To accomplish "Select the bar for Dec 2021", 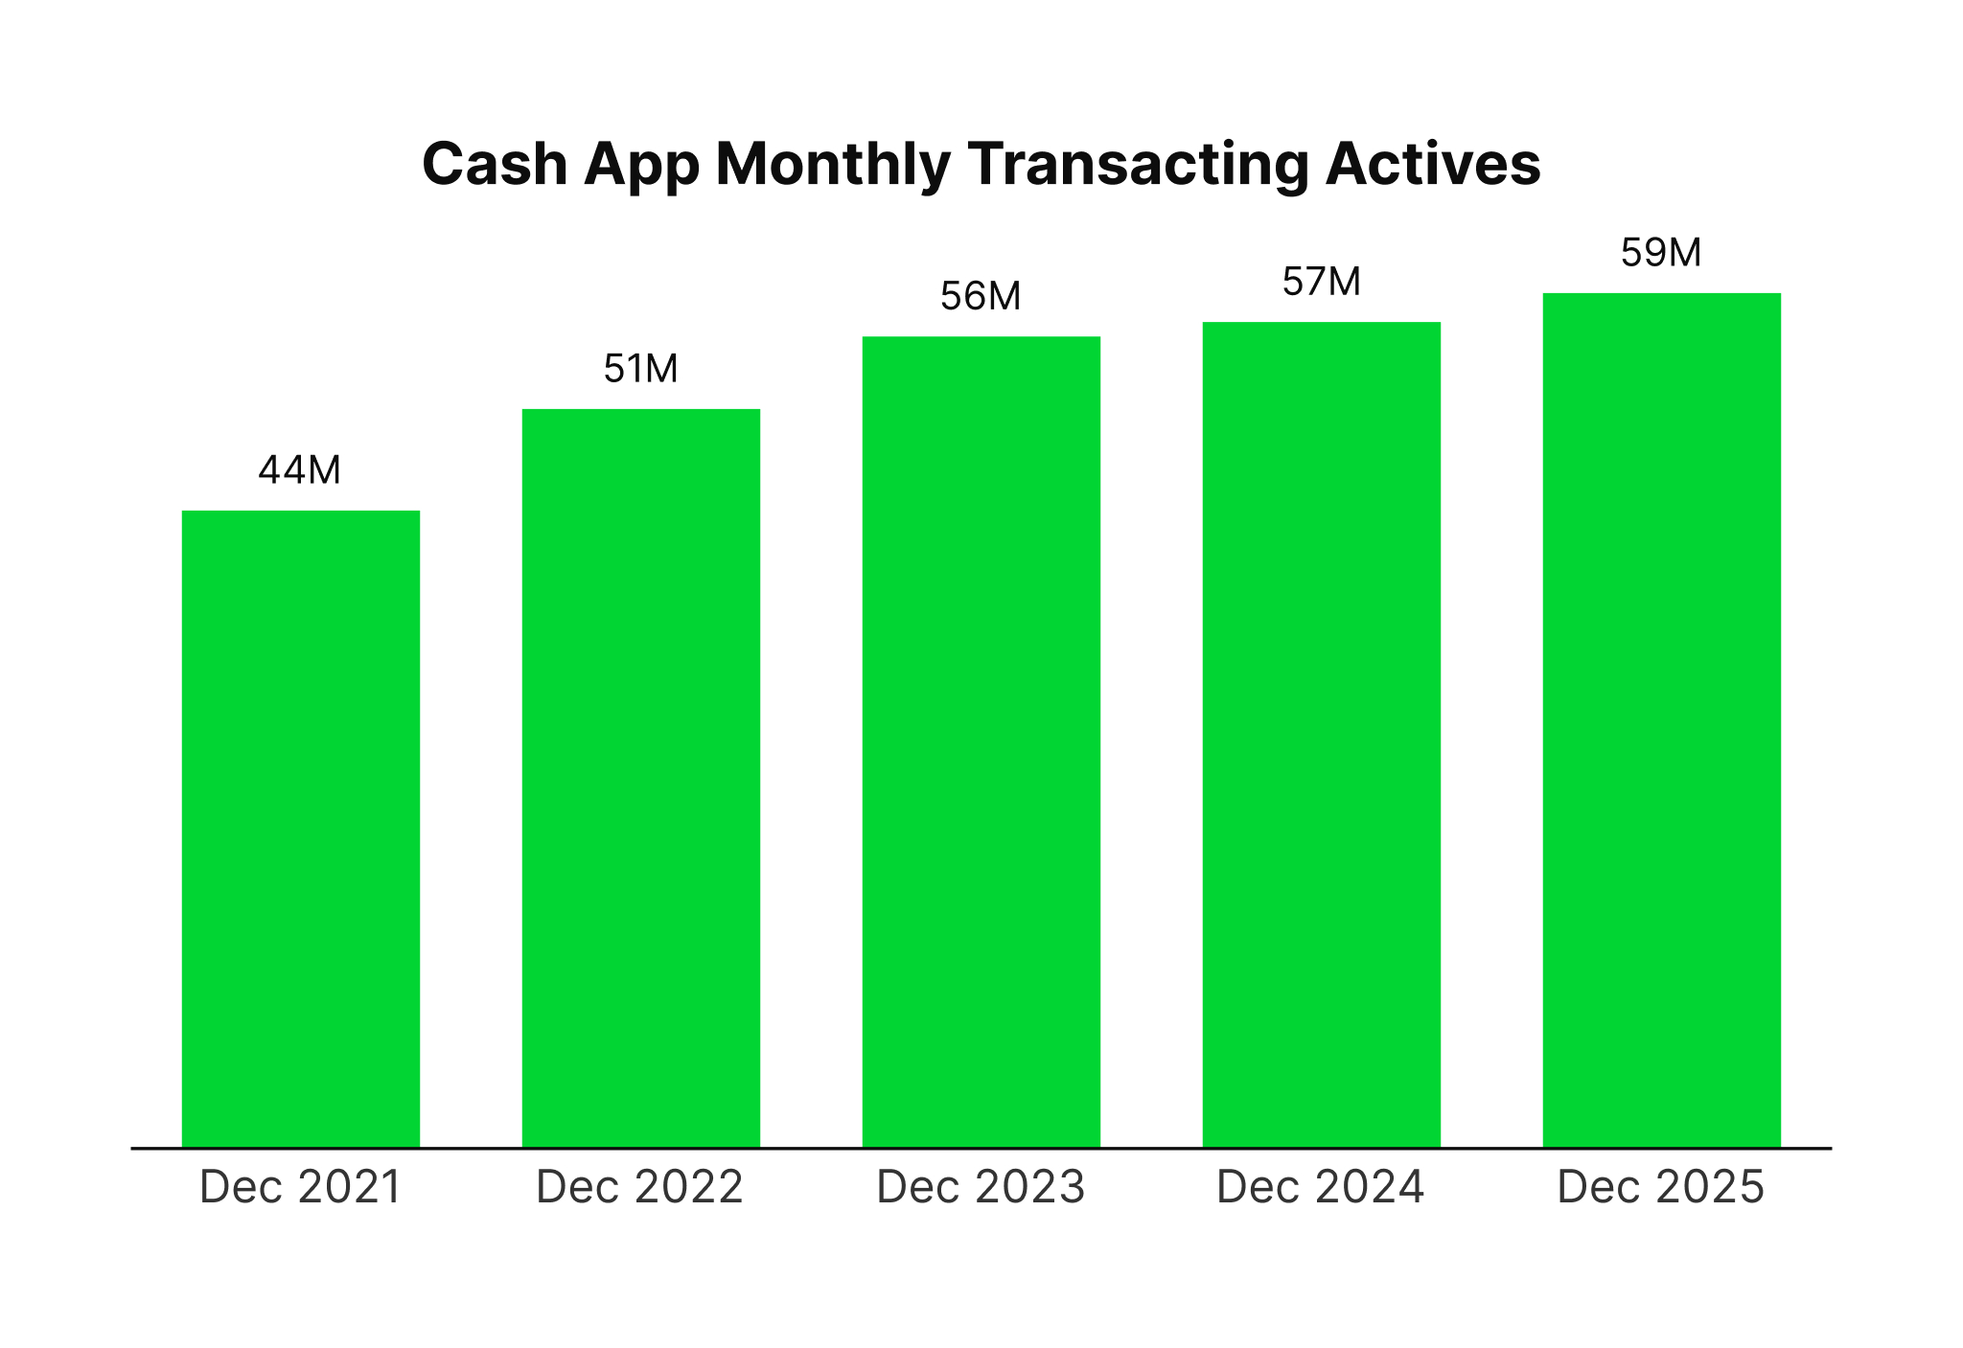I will [x=300, y=829].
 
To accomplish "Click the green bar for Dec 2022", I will [x=640, y=778].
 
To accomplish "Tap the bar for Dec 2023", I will [x=981, y=742].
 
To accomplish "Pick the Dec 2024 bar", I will [x=1321, y=734].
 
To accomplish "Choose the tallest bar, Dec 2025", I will [x=1661, y=720].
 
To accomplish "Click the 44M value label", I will [x=300, y=470].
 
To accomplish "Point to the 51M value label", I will [x=640, y=369].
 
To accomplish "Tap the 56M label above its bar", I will [x=981, y=296].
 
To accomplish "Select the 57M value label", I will [x=1321, y=282].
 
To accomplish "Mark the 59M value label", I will [x=1661, y=253].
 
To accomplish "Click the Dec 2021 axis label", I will [x=300, y=1187].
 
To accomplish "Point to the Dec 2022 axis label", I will [x=640, y=1187].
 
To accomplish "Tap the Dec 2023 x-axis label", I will [x=981, y=1187].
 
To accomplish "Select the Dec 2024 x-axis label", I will [x=1321, y=1187].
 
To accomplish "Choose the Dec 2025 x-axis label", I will [x=1661, y=1187].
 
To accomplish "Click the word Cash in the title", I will [x=496, y=164].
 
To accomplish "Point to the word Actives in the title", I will [x=1433, y=164].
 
